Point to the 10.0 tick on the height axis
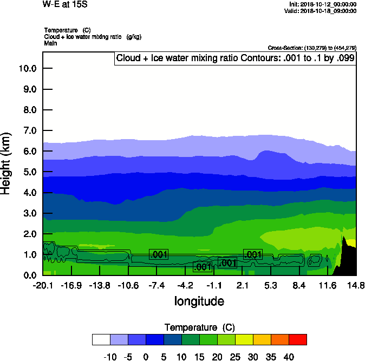pos(27,68)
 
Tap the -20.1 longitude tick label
pos(43,285)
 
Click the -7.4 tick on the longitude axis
pos(157,285)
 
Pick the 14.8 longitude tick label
pos(356,285)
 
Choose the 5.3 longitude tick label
pos(271,285)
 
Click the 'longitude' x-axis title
pos(199,301)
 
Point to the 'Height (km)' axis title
pos(6,163)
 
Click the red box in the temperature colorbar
pos(297,339)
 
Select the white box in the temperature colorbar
pos(101,339)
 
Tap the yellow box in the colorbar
pos(244,339)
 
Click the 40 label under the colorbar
pos(289,357)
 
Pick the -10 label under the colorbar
pos(110,357)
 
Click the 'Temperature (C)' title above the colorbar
pos(199,327)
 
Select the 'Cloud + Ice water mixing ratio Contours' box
pos(234,58)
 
